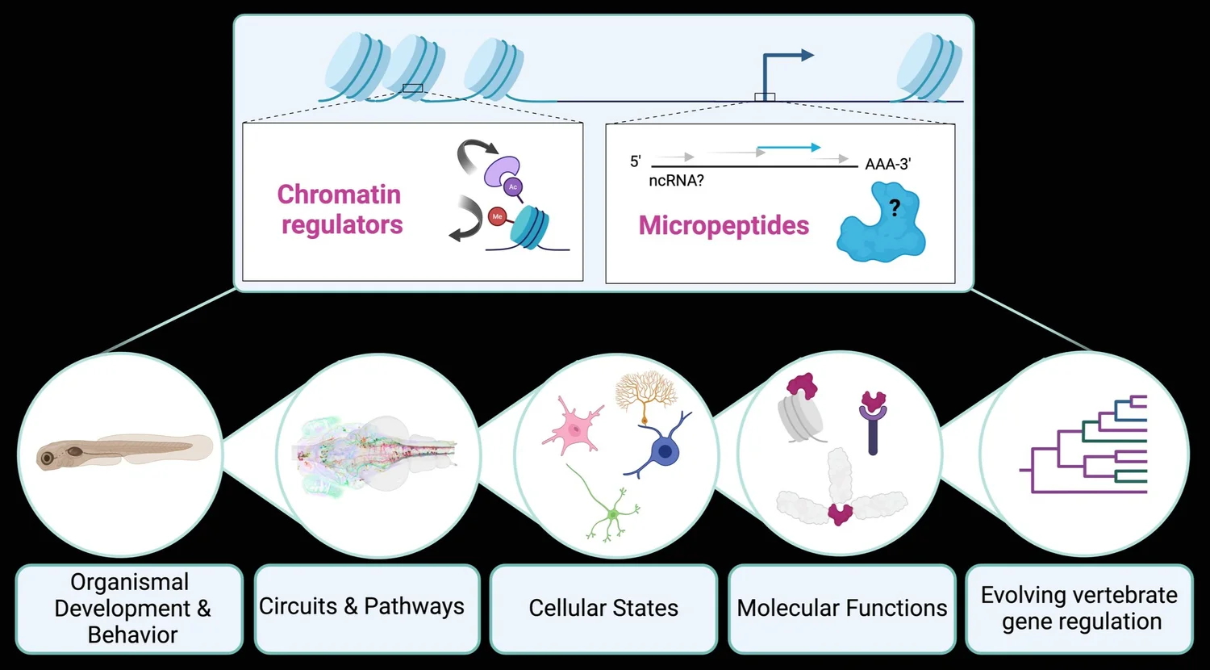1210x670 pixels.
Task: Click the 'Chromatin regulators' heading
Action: (x=340, y=209)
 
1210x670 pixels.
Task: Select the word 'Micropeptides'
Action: (x=724, y=225)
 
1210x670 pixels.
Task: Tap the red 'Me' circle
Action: (x=497, y=216)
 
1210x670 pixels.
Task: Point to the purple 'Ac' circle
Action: (x=512, y=186)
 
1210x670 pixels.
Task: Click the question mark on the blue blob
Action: (x=894, y=208)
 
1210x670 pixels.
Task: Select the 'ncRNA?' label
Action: (x=676, y=181)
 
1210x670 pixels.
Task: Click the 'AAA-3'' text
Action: (x=887, y=164)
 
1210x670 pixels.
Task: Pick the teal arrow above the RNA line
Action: (x=788, y=148)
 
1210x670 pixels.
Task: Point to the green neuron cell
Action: (x=611, y=512)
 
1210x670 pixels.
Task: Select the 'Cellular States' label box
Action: (x=603, y=608)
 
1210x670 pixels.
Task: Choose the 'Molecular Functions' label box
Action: (x=841, y=608)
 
